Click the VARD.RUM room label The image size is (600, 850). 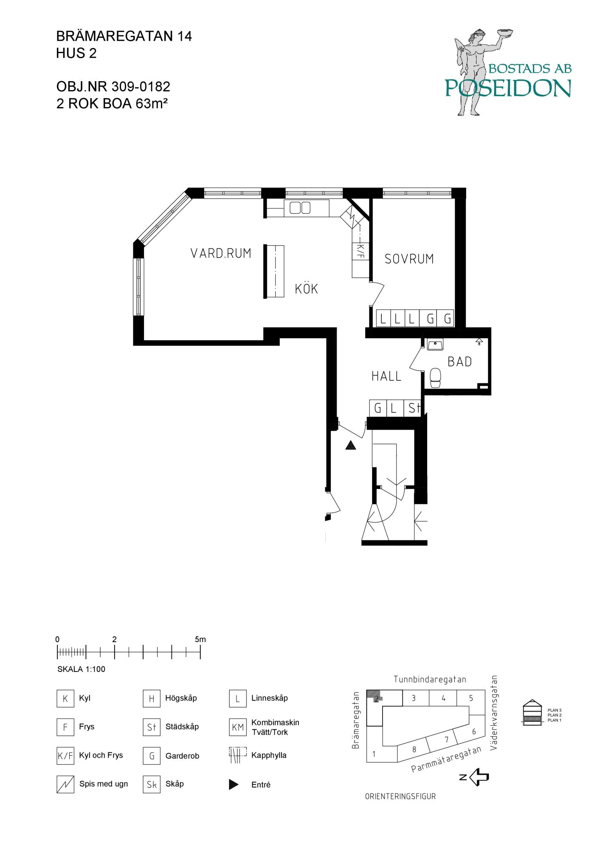221,253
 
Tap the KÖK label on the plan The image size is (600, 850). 307,289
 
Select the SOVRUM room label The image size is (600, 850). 409,259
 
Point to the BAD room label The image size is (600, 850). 460,362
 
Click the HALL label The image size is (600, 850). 386,376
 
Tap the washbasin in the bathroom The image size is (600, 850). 435,345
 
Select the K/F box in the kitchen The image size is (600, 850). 361,251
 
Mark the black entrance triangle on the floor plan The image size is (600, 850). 350,445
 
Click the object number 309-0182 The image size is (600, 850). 141,87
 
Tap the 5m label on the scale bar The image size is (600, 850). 200,639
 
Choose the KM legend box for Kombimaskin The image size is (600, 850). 238,727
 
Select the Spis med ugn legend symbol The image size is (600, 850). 65,784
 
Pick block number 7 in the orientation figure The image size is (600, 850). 446,739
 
